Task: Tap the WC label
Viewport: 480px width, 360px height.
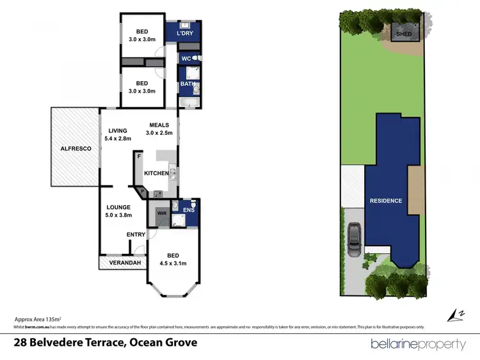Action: point(186,59)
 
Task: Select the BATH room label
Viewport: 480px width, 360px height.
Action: point(187,84)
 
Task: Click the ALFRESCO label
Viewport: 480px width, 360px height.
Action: point(76,148)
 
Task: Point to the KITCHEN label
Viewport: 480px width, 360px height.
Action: point(156,173)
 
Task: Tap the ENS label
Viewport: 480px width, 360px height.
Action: point(188,209)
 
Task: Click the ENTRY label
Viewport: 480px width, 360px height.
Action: point(135,235)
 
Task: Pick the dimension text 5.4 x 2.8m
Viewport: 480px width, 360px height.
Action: point(118,138)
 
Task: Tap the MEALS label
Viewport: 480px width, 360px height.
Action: point(159,125)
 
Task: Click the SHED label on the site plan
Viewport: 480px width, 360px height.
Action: point(404,33)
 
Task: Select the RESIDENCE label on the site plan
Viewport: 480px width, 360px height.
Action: point(386,201)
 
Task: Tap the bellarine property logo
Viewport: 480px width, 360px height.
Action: point(418,344)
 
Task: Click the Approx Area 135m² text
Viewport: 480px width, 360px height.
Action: point(38,318)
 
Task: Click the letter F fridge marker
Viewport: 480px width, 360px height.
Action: point(138,155)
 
